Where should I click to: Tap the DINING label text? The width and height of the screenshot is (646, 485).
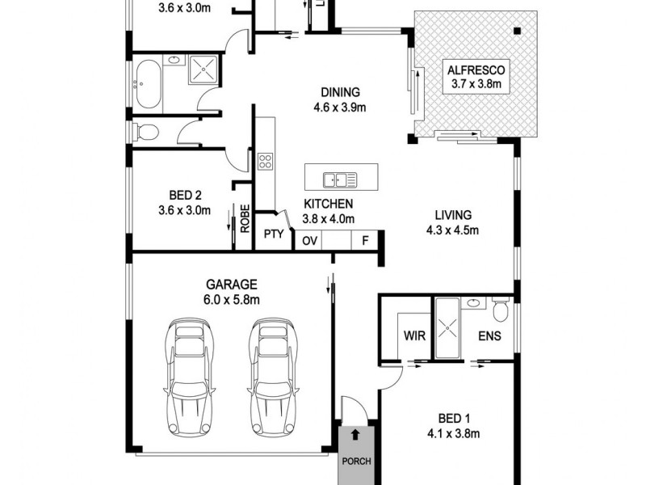coord(339,92)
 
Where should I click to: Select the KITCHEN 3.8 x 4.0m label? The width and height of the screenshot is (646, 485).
coord(329,211)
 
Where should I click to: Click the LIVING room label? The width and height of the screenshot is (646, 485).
coord(452,216)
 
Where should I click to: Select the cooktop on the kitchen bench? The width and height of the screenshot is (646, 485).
coord(265,161)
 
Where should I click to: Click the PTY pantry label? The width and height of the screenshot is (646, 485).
coord(272,235)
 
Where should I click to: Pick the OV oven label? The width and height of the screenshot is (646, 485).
coord(309,240)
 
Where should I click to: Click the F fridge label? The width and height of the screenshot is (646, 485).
coord(365,240)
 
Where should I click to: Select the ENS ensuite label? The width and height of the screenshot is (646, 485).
coord(489,335)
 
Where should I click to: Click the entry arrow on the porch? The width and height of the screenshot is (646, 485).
coord(354,436)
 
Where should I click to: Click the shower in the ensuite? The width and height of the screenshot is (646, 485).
coord(446,329)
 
